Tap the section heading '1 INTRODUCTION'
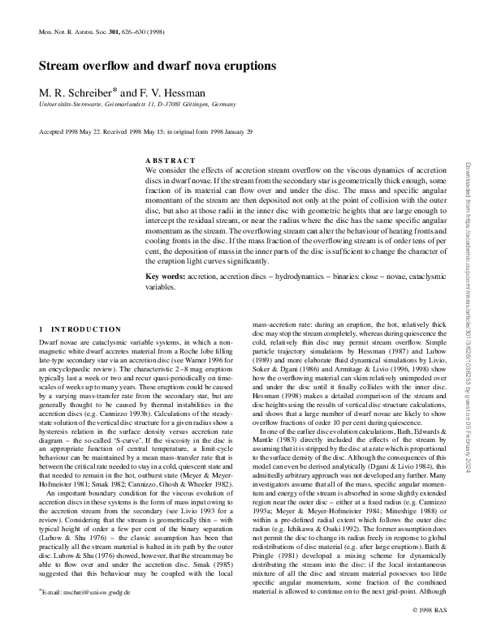[80, 329]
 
